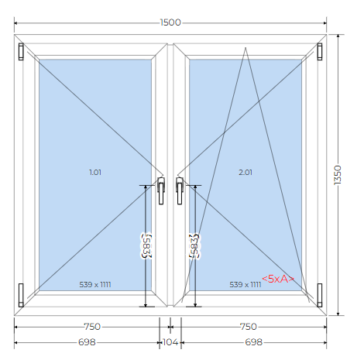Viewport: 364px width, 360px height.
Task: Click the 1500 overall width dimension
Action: (170, 22)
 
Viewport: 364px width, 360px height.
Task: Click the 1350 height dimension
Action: (338, 175)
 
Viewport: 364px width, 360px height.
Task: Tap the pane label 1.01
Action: (95, 172)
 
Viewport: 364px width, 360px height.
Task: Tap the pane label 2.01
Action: (246, 172)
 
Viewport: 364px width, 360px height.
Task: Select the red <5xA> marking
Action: (278, 279)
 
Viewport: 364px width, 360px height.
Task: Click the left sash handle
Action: (161, 190)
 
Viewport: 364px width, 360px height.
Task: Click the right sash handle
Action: (180, 190)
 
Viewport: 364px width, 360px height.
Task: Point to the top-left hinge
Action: (21, 52)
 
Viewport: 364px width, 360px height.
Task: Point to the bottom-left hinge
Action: (21, 295)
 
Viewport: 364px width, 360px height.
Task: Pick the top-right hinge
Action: (320, 52)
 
